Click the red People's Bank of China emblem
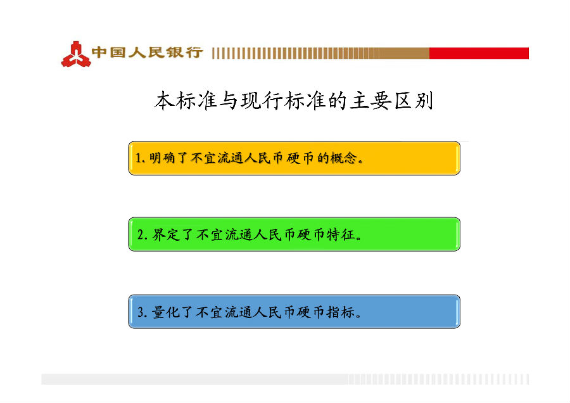coord(75,54)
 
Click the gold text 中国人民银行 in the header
coord(147,53)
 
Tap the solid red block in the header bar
coord(479,53)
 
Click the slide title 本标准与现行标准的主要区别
coord(294,101)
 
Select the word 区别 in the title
coord(414,101)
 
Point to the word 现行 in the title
coord(262,101)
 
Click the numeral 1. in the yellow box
coord(141,158)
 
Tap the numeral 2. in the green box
coord(142,234)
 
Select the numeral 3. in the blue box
coord(142,312)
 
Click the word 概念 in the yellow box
coord(343,158)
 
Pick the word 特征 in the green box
coord(341,234)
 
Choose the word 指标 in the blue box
coord(341,312)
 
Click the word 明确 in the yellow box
coord(163,158)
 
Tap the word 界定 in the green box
coord(166,234)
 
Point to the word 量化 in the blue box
coord(166,312)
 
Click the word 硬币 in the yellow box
coord(300,158)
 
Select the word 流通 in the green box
coord(239,234)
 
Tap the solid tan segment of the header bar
coord(405,53)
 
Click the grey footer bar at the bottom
coord(285,379)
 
